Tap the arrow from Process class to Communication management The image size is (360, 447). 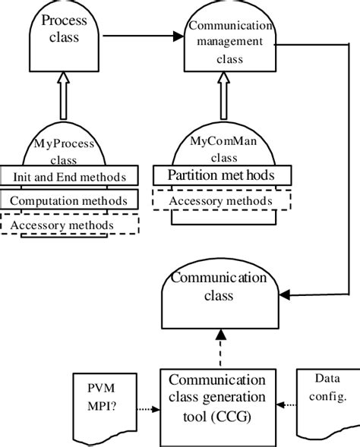click(x=144, y=35)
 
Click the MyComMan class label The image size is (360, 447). click(x=223, y=147)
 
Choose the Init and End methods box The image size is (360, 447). click(x=69, y=177)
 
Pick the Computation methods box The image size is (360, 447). click(x=69, y=201)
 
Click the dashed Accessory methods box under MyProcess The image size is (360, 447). click(x=69, y=225)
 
